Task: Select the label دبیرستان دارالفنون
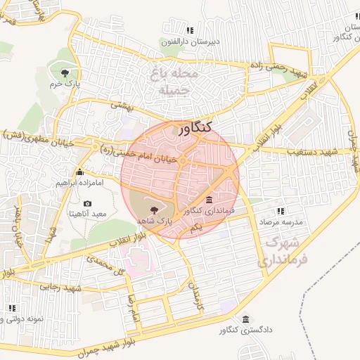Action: pos(190,41)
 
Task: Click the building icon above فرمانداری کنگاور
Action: pos(209,200)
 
